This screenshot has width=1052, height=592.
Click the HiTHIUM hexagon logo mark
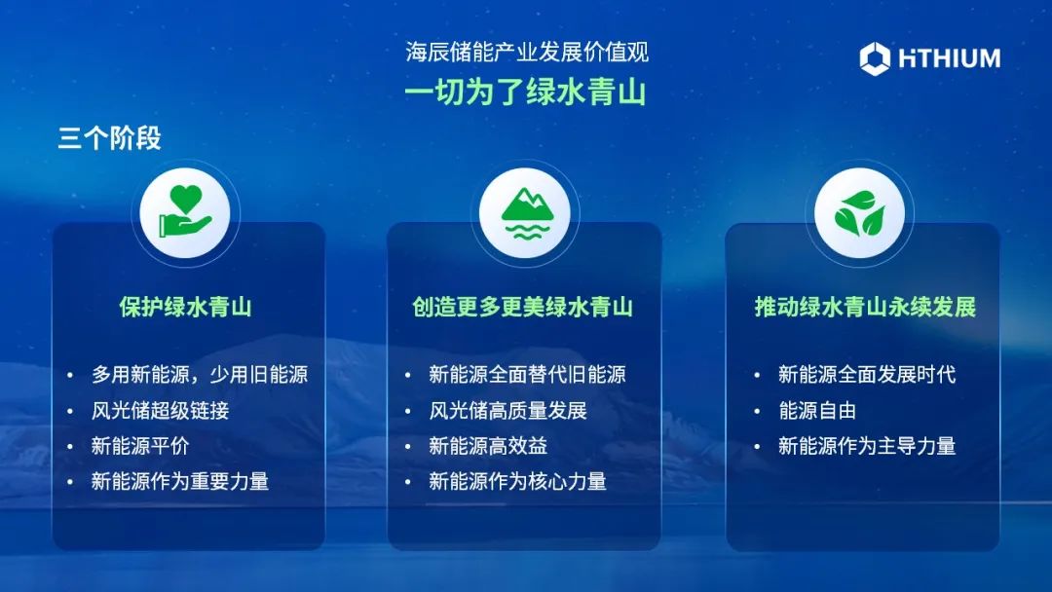(875, 58)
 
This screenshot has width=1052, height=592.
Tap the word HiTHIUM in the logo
(950, 59)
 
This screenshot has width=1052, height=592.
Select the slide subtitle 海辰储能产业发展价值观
(527, 52)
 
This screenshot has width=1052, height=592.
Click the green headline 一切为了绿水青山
(525, 92)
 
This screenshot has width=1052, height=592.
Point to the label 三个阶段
(109, 138)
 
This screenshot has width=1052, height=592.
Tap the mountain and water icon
(527, 213)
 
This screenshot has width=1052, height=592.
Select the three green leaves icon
(859, 213)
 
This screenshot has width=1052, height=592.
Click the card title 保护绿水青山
(185, 307)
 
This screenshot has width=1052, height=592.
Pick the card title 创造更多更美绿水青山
(523, 307)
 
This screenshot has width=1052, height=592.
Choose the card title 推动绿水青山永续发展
(865, 307)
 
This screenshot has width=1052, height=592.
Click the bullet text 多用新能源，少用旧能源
(200, 374)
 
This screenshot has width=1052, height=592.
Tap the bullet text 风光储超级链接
(161, 410)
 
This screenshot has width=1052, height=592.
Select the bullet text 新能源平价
(140, 446)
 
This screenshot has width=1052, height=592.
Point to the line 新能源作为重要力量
(180, 481)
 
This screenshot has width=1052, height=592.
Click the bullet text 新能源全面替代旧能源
(527, 374)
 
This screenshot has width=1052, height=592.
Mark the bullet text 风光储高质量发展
(507, 410)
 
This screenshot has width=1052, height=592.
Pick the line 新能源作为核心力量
(517, 481)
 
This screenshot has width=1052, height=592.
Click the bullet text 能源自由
(817, 410)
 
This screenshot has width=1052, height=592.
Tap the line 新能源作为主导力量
(867, 446)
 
